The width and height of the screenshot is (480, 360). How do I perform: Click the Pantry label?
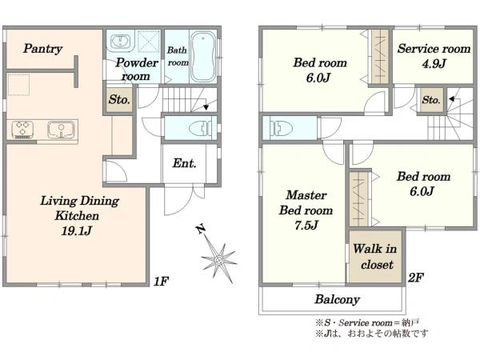coord(43,48)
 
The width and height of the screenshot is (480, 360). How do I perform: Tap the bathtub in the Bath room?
coord(203,56)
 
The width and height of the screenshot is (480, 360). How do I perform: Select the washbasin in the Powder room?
coord(121,42)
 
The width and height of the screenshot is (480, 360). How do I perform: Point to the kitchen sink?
coord(61,130)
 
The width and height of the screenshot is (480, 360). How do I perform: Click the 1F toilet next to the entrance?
coord(200,129)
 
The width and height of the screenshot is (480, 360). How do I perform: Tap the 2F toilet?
coord(278,126)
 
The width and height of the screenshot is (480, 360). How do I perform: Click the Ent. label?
coord(184,163)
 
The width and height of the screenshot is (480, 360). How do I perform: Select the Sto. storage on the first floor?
coord(119,100)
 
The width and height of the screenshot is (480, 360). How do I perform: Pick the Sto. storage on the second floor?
coord(431,100)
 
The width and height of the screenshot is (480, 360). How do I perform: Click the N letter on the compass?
coord(201,229)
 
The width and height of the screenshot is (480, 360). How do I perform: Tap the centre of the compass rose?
coord(219,261)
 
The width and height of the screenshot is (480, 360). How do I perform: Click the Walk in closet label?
coord(375,257)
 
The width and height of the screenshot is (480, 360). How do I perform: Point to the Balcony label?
coord(337,299)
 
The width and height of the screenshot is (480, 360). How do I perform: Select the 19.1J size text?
coord(77,230)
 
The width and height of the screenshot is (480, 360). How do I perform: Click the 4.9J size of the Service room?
coord(434,63)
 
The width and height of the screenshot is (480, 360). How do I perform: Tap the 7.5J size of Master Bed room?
coord(306,226)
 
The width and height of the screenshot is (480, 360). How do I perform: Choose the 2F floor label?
coord(416,278)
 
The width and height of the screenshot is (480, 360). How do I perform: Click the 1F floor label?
coord(161,281)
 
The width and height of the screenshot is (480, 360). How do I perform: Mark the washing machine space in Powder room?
coord(149,41)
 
